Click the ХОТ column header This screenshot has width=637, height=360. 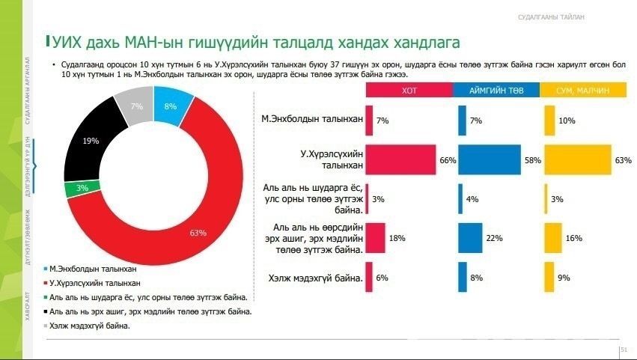point(408,90)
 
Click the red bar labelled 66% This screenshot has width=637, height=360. point(400,159)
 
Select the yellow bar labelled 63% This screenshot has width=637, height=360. point(576,159)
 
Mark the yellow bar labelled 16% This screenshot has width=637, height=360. point(552,237)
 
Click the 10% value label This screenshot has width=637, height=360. point(567,120)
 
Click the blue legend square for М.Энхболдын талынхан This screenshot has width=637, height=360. point(46,268)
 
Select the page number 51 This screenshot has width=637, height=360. point(623,350)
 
